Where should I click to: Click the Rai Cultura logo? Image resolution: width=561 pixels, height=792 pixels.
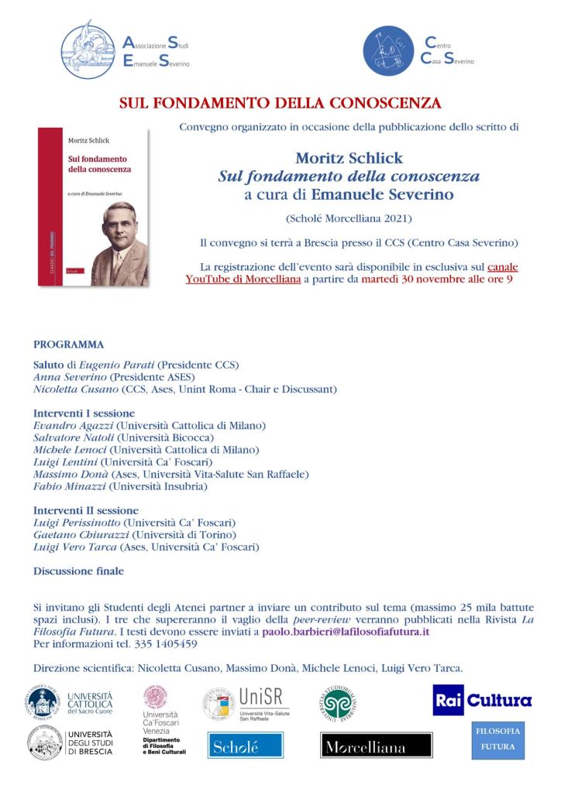[482, 701]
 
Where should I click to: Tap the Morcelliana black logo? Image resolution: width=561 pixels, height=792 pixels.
[376, 748]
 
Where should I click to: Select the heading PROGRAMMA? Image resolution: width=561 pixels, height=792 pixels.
[69, 344]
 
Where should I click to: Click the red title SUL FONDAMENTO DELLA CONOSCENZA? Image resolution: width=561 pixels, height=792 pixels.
[280, 102]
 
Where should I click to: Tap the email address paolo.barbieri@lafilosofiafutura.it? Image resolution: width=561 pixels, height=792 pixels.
[346, 631]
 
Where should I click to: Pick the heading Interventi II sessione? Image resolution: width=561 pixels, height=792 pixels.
[86, 510]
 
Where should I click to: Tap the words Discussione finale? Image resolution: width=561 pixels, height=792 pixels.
[77, 571]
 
